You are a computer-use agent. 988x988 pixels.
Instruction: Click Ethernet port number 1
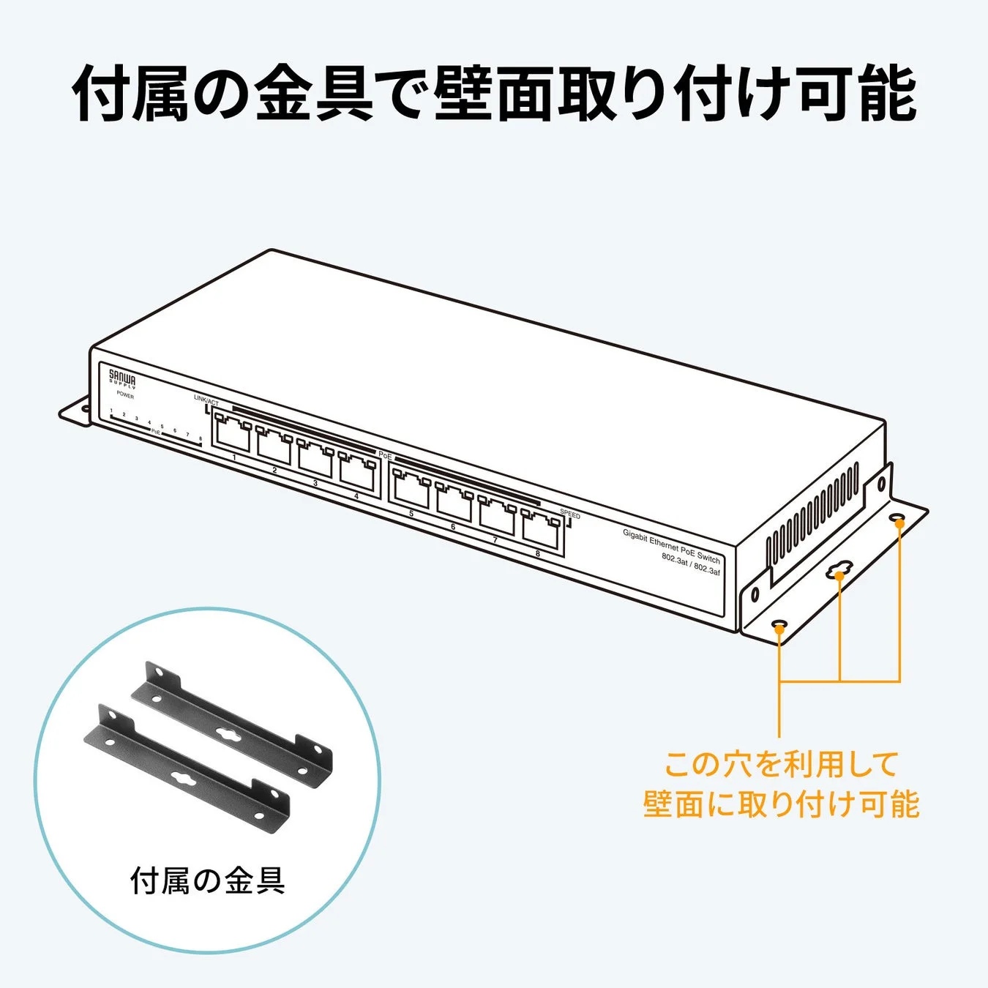(232, 435)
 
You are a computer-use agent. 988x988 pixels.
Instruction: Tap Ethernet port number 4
(356, 473)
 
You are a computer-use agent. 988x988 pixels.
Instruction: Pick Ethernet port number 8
(541, 529)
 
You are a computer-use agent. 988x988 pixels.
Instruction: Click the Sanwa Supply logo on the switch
(122, 379)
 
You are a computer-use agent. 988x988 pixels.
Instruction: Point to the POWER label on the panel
(125, 395)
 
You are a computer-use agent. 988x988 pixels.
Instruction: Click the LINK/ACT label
(206, 401)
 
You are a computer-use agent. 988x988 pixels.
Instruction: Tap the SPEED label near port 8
(569, 514)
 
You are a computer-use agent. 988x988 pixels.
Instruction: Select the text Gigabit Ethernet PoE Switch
(671, 545)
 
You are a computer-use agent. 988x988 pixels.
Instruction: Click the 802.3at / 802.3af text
(691, 564)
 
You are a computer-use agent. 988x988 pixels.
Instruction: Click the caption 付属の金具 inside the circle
(208, 880)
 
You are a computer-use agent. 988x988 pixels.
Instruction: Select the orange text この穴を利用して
(781, 765)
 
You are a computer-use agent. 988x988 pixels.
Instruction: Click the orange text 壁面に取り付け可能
(781, 804)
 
